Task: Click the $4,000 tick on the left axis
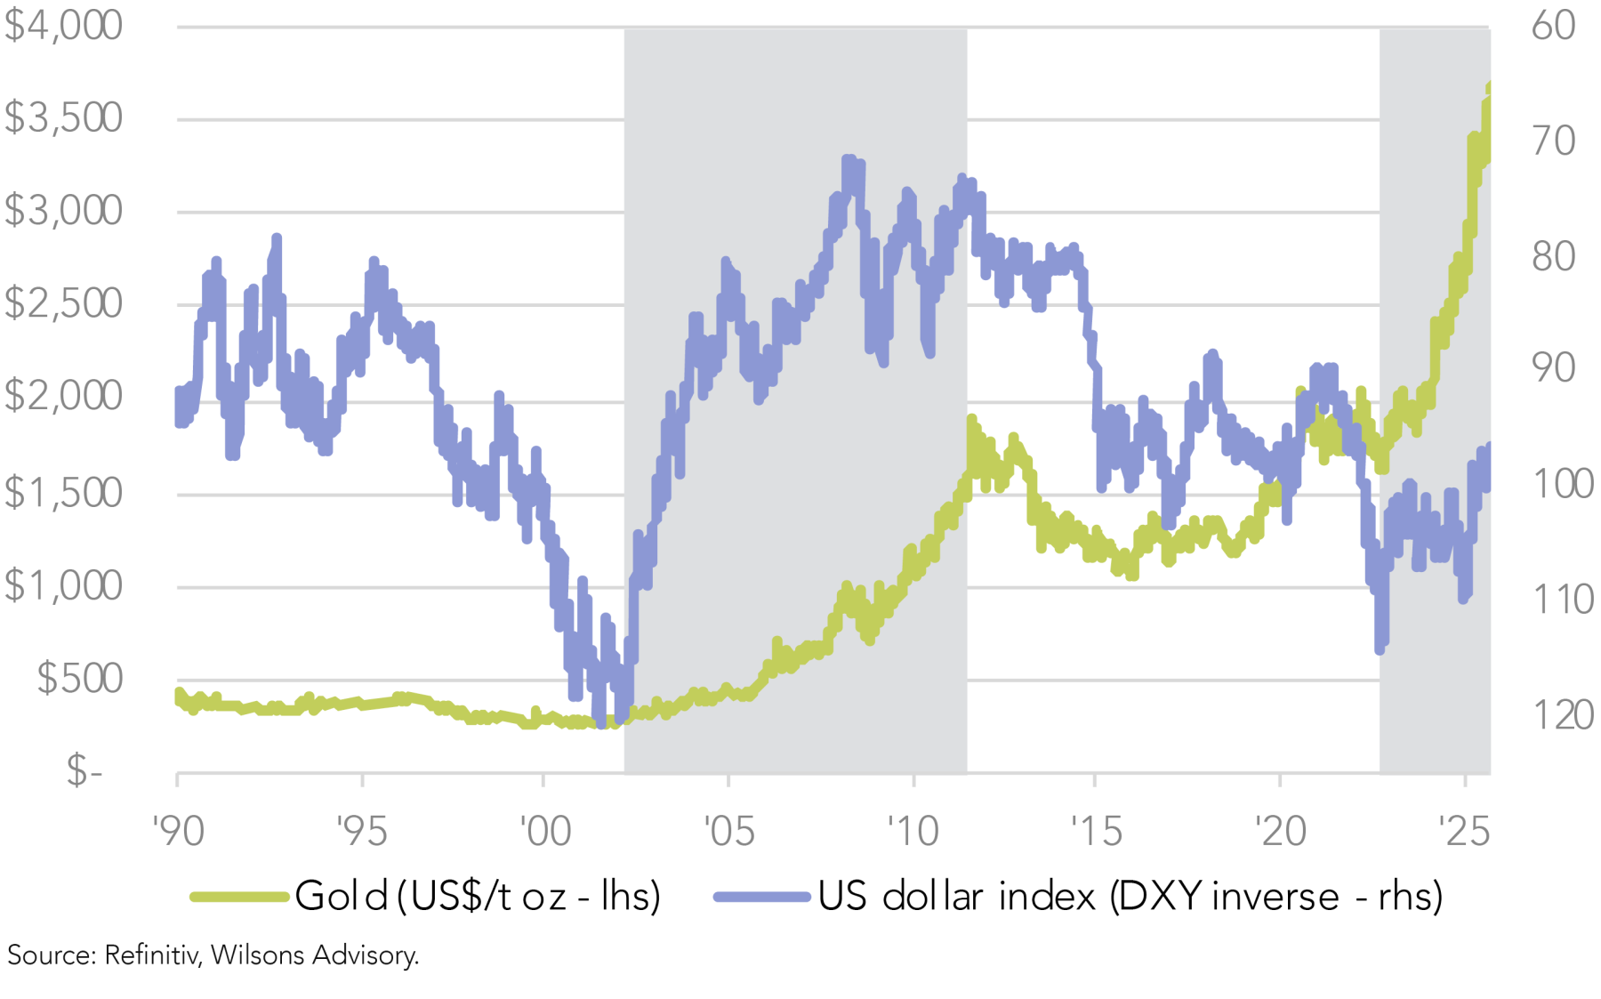63,26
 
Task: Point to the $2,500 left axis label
63,304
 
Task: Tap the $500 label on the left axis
79,679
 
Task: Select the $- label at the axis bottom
85,770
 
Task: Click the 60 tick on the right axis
1553,26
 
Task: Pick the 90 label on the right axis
1553,368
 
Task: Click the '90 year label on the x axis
178,832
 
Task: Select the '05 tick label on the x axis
728,832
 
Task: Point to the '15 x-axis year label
1096,832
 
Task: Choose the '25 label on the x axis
1464,832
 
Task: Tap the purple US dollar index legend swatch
762,897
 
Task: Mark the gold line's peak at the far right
1489,86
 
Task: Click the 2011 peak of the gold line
971,419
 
